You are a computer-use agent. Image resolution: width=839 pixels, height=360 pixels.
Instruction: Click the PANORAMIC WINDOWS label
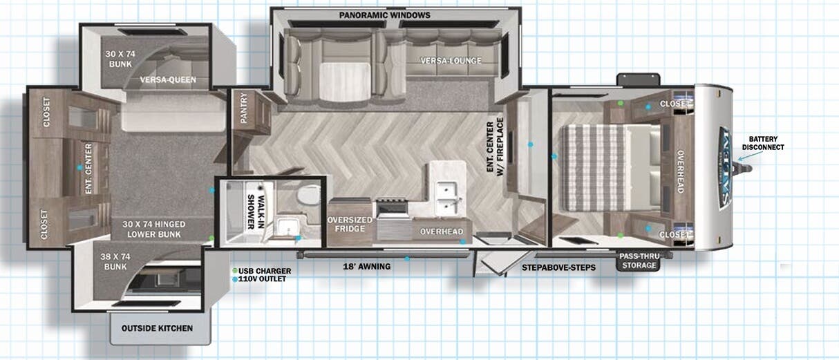point(384,15)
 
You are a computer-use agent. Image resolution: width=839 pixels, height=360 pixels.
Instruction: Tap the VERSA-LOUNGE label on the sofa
point(451,61)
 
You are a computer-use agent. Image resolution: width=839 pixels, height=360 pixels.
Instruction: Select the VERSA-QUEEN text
point(168,79)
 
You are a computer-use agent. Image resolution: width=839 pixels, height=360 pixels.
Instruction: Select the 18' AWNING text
point(367,266)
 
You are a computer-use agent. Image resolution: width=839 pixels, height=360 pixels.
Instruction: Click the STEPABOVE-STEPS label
point(558,267)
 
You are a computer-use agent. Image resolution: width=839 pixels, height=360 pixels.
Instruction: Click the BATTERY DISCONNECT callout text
point(763,142)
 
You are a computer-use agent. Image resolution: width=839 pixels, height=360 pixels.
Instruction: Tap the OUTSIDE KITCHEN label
point(157,328)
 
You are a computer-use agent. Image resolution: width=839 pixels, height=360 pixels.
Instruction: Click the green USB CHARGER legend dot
point(235,270)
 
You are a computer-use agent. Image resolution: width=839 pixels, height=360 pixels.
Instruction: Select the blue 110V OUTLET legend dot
point(235,279)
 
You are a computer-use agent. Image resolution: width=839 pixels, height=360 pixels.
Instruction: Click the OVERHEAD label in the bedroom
point(680,171)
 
